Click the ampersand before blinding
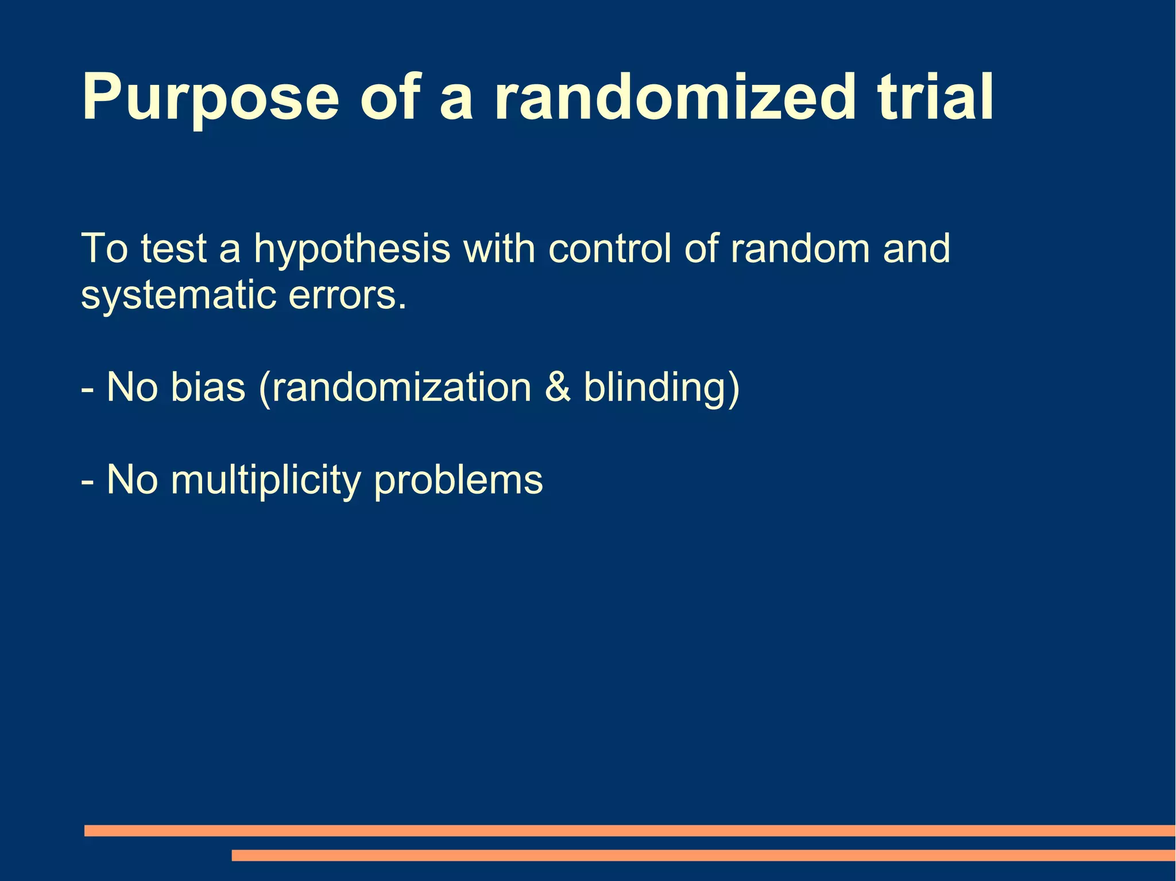point(558,387)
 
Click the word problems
point(458,481)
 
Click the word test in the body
point(173,250)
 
